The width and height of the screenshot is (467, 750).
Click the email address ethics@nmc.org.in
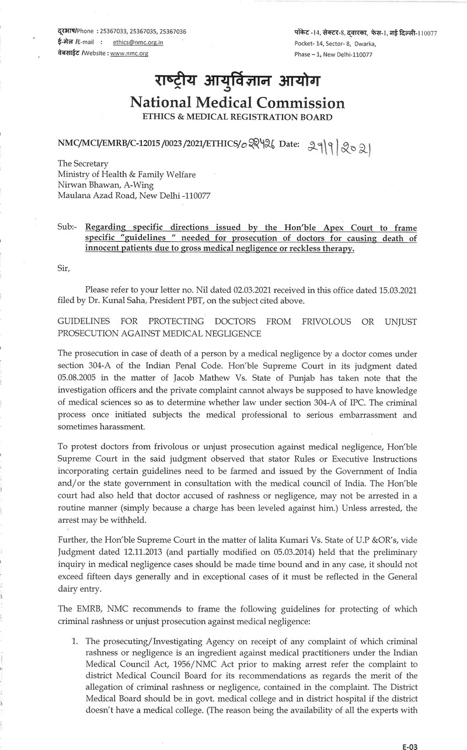click(x=138, y=42)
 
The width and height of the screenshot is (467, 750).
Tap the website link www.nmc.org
click(x=129, y=53)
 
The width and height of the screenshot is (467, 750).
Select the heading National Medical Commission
click(x=237, y=103)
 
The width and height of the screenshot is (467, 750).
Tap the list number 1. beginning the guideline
click(x=75, y=641)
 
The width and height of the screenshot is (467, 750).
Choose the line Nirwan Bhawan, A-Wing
click(x=105, y=185)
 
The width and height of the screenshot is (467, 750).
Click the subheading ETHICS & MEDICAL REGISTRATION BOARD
click(x=237, y=117)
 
